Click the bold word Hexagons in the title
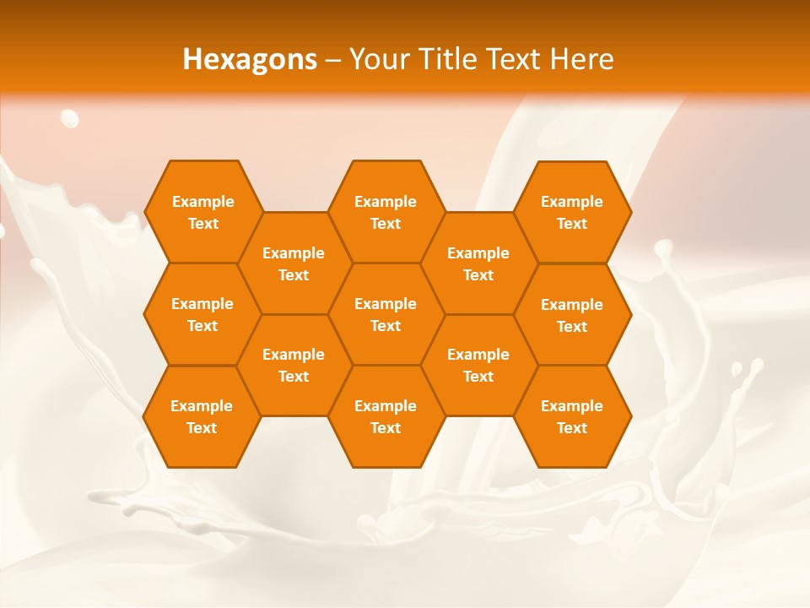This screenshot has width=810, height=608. pyautogui.click(x=250, y=59)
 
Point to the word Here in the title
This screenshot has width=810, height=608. pyautogui.click(x=582, y=59)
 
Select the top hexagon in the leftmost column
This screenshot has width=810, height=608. pyautogui.click(x=202, y=212)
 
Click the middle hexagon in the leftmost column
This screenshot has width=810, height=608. pyautogui.click(x=202, y=314)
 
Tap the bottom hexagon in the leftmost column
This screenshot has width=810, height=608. pyautogui.click(x=202, y=416)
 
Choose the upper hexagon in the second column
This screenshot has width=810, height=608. pyautogui.click(x=294, y=263)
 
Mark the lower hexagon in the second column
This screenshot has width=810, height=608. pyautogui.click(x=294, y=365)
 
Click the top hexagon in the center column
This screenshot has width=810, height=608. pyautogui.click(x=386, y=212)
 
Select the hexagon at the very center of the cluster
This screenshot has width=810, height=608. pyautogui.click(x=386, y=314)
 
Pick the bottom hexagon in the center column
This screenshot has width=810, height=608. pyautogui.click(x=386, y=416)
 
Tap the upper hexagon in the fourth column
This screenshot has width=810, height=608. pyautogui.click(x=478, y=263)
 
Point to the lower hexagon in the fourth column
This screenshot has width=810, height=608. pyautogui.click(x=478, y=365)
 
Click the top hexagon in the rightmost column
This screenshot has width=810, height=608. pyautogui.click(x=572, y=212)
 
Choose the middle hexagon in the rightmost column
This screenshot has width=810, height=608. pyautogui.click(x=572, y=315)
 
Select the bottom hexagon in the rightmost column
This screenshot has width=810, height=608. pyautogui.click(x=572, y=416)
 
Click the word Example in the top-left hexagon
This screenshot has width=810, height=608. pyautogui.click(x=203, y=202)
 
